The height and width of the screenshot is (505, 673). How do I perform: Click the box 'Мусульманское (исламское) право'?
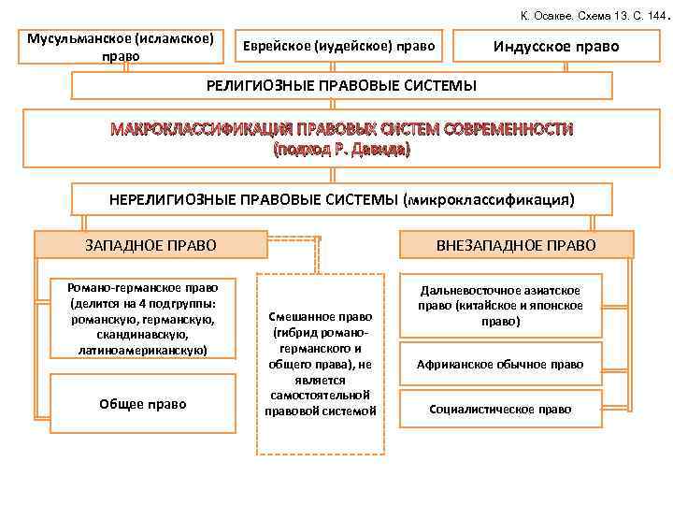click(x=121, y=47)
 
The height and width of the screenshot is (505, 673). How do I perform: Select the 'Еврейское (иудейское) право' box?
click(x=338, y=46)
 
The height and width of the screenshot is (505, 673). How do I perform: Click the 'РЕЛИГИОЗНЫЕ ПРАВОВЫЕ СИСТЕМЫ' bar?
click(x=341, y=86)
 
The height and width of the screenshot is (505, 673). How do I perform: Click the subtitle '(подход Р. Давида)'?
click(x=341, y=149)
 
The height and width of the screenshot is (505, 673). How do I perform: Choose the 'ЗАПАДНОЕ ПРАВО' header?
click(x=150, y=245)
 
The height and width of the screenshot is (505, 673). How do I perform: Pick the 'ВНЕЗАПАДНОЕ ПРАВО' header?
click(x=516, y=245)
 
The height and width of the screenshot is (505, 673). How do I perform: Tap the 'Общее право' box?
click(x=143, y=404)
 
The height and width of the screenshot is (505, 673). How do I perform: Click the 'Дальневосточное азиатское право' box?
click(x=501, y=306)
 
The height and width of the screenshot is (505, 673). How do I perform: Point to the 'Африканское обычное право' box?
click(x=501, y=364)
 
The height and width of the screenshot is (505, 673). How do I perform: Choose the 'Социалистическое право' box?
click(x=501, y=409)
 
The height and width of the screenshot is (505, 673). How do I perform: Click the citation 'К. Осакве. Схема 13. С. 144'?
click(x=586, y=16)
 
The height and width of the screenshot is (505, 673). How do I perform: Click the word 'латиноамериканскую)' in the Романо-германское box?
click(x=143, y=350)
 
